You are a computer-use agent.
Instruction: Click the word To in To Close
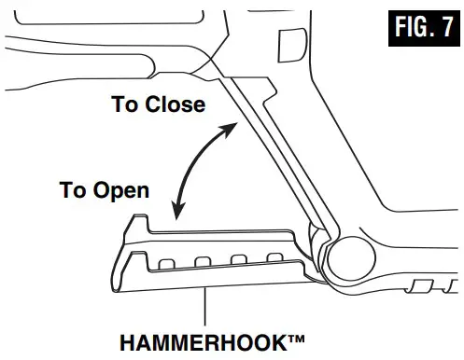point(125,104)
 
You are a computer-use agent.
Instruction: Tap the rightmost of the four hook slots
point(274,257)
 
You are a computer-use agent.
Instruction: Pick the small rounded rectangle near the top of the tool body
point(291,42)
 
